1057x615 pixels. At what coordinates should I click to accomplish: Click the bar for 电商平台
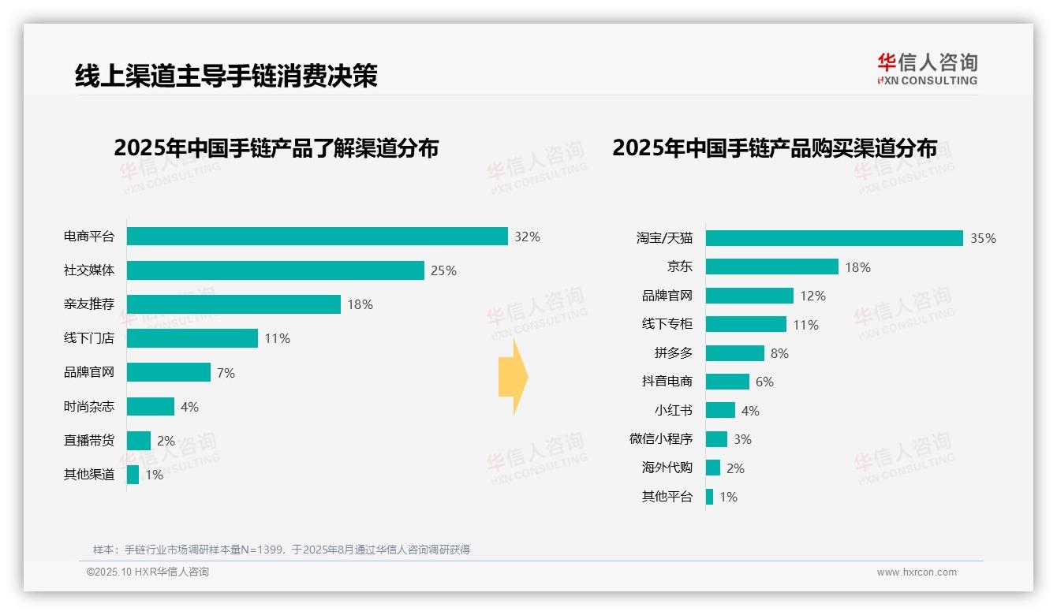tap(317, 237)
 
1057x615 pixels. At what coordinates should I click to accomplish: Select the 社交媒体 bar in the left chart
tap(275, 270)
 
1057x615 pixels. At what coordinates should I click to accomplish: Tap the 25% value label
tap(443, 270)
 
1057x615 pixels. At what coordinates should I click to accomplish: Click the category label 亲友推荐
tap(89, 304)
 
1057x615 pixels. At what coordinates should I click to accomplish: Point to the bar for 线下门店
tap(192, 338)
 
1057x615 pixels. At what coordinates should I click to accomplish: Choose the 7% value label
tap(226, 373)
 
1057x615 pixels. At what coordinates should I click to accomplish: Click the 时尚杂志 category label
tap(89, 407)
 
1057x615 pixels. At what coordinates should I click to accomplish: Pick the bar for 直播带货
tap(139, 441)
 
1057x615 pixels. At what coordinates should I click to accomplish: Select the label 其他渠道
tap(89, 475)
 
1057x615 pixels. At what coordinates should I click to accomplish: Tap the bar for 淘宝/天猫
tap(834, 238)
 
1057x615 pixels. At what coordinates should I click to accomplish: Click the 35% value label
tap(983, 238)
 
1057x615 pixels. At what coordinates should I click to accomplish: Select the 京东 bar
tap(771, 267)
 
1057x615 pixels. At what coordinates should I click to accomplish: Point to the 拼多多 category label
tap(673, 353)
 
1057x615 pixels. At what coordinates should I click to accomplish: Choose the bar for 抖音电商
tap(727, 382)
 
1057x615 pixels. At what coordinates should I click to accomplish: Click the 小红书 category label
tap(673, 411)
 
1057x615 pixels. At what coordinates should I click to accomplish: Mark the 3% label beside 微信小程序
tap(742, 439)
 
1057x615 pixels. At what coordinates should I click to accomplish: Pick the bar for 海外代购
tap(713, 468)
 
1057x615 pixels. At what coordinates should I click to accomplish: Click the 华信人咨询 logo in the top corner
tap(927, 69)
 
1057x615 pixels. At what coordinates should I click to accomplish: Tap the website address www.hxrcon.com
tap(916, 572)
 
